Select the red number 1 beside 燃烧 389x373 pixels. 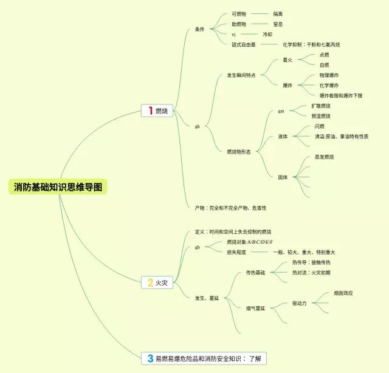[150, 111]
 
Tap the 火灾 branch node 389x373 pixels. [161, 282]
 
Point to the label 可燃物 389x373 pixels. [239, 13]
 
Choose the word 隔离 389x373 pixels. [278, 13]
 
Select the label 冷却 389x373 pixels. [267, 35]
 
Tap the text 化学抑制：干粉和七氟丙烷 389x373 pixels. [311, 45]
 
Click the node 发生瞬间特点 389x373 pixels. [241, 75]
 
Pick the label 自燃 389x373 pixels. [325, 65]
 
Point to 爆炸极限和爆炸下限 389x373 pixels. [340, 95]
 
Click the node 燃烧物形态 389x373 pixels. [239, 152]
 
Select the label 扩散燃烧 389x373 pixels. [321, 106]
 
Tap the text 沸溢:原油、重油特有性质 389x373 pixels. [342, 137]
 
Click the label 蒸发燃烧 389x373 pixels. [324, 157]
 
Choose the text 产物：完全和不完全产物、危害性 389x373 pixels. [230, 208]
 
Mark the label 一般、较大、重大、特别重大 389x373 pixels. [304, 252]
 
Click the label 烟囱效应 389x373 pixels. [343, 293]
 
